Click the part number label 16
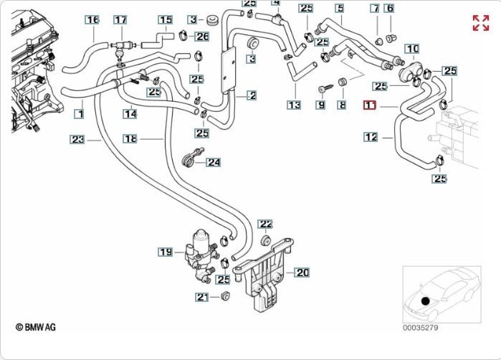(x=92, y=19)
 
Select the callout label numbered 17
(x=120, y=19)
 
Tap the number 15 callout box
(x=166, y=20)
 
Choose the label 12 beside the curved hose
(x=371, y=136)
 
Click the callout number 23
(x=77, y=139)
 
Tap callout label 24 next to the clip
(x=214, y=162)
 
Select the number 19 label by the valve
(x=166, y=252)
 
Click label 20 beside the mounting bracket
(x=302, y=273)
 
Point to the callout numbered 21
(x=202, y=297)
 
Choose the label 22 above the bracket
(x=265, y=224)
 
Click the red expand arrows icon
(x=480, y=22)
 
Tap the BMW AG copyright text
(x=36, y=327)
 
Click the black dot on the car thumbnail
(x=426, y=301)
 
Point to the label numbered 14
(x=130, y=113)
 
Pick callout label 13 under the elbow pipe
(x=294, y=105)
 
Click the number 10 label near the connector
(x=412, y=49)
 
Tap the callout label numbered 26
(x=202, y=36)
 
